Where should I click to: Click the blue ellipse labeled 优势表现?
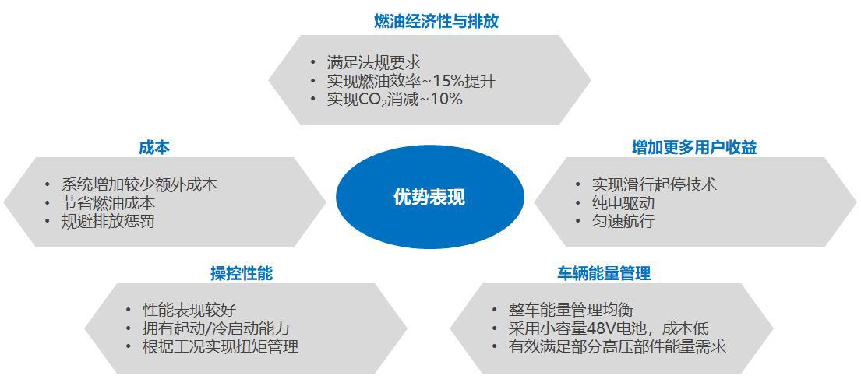coord(430,197)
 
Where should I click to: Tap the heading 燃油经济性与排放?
coord(436,21)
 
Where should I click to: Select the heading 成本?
coord(153,148)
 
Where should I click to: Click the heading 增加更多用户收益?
coord(694,148)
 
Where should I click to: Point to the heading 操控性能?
coord(242,274)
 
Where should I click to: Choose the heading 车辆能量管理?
coord(604,274)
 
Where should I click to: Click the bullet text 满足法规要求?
coord(374,62)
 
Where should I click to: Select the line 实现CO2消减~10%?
coord(395,100)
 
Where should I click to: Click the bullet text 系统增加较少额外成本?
coord(139,184)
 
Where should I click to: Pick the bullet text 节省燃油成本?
coord(108,203)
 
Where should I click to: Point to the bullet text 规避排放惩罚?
coord(108,222)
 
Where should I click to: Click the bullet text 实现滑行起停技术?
coord(655,184)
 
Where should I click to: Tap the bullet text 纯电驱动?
coord(623,203)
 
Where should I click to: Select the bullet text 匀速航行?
coord(623,222)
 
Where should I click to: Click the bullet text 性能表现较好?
coord(189,310)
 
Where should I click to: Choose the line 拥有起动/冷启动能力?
coord(216,328)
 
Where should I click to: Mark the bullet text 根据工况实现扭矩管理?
coord(221,347)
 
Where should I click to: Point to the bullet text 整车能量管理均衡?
coord(571,310)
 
